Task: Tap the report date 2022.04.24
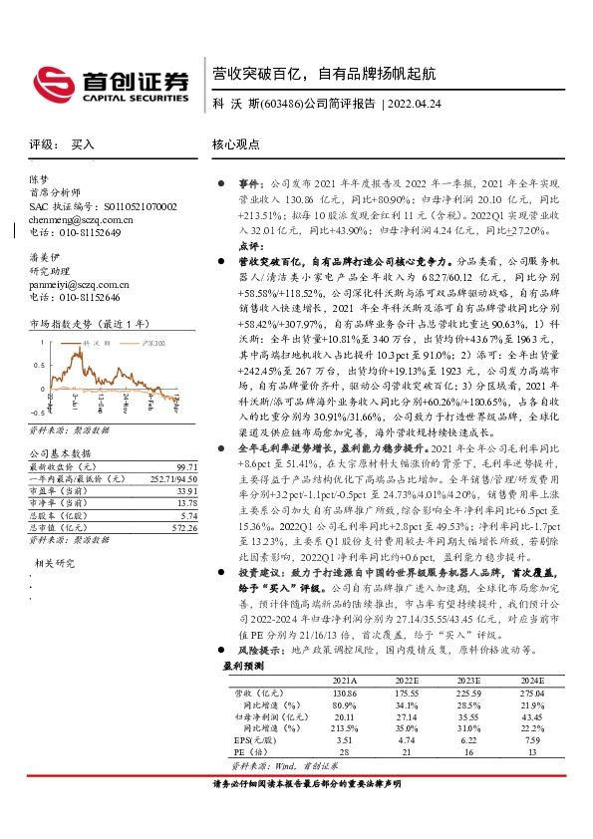click(417, 104)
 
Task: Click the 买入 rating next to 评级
click(83, 144)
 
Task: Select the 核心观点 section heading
click(235, 144)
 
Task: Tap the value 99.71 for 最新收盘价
click(183, 466)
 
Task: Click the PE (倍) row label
click(248, 752)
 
